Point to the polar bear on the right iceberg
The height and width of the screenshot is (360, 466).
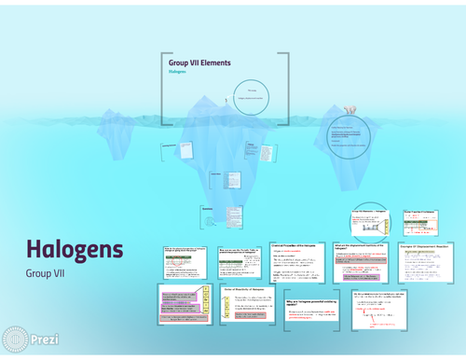349,108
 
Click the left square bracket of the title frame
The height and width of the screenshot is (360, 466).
162,89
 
